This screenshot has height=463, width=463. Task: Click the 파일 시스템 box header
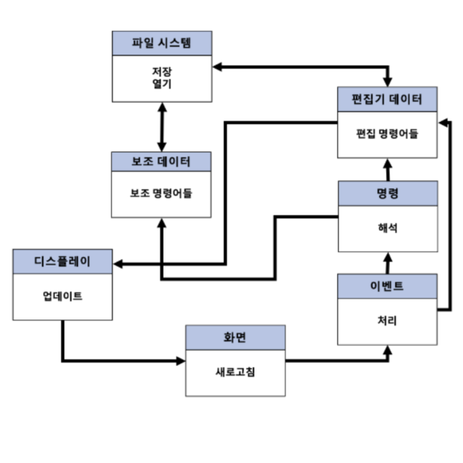[x=161, y=42]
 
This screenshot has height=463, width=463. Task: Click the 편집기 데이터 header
[x=387, y=99]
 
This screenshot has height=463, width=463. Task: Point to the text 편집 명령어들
[x=387, y=133]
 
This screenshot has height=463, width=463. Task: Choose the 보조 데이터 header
[x=161, y=161]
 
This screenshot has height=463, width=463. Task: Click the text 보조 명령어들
[x=161, y=192]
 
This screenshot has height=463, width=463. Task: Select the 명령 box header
[x=387, y=192]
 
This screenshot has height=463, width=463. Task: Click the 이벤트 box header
[x=387, y=286]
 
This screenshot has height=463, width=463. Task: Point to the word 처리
[x=387, y=320]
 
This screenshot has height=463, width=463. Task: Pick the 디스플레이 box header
[x=63, y=261]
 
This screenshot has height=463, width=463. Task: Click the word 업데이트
[x=63, y=296]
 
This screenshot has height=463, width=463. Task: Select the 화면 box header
[x=235, y=336]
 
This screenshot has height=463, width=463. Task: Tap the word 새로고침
[x=235, y=371]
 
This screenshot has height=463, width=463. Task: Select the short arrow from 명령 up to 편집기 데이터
[x=387, y=167]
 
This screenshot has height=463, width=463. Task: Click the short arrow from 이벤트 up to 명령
[x=387, y=262]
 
